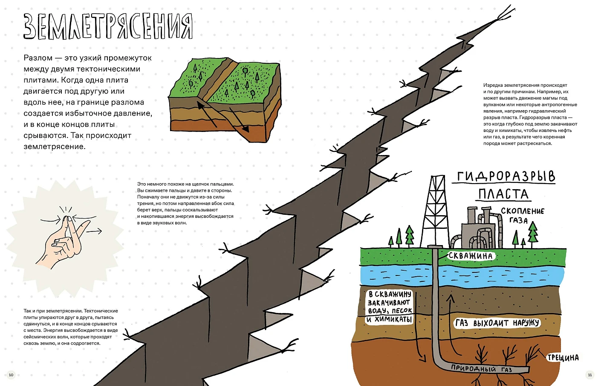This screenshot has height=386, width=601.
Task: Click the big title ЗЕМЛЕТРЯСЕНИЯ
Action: click(x=108, y=26)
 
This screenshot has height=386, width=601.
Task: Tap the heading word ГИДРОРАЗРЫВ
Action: click(x=506, y=176)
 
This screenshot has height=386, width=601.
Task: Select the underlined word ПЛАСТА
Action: click(x=503, y=194)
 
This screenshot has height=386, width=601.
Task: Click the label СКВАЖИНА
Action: click(x=471, y=256)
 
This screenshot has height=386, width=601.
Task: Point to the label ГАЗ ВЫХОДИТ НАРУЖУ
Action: click(x=497, y=323)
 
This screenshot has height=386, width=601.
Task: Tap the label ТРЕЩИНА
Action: click(x=563, y=357)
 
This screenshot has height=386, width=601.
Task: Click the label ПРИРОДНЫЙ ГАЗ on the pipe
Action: click(x=481, y=368)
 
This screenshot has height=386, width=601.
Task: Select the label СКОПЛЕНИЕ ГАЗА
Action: click(x=522, y=215)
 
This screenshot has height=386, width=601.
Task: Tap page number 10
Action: click(x=11, y=375)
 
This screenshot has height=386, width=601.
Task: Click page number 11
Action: click(x=590, y=375)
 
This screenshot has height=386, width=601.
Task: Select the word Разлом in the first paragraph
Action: click(x=38, y=58)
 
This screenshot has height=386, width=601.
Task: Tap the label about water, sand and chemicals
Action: click(x=390, y=307)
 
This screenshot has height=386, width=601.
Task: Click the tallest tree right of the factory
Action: click(x=532, y=234)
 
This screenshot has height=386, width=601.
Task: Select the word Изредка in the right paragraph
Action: click(x=493, y=85)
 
